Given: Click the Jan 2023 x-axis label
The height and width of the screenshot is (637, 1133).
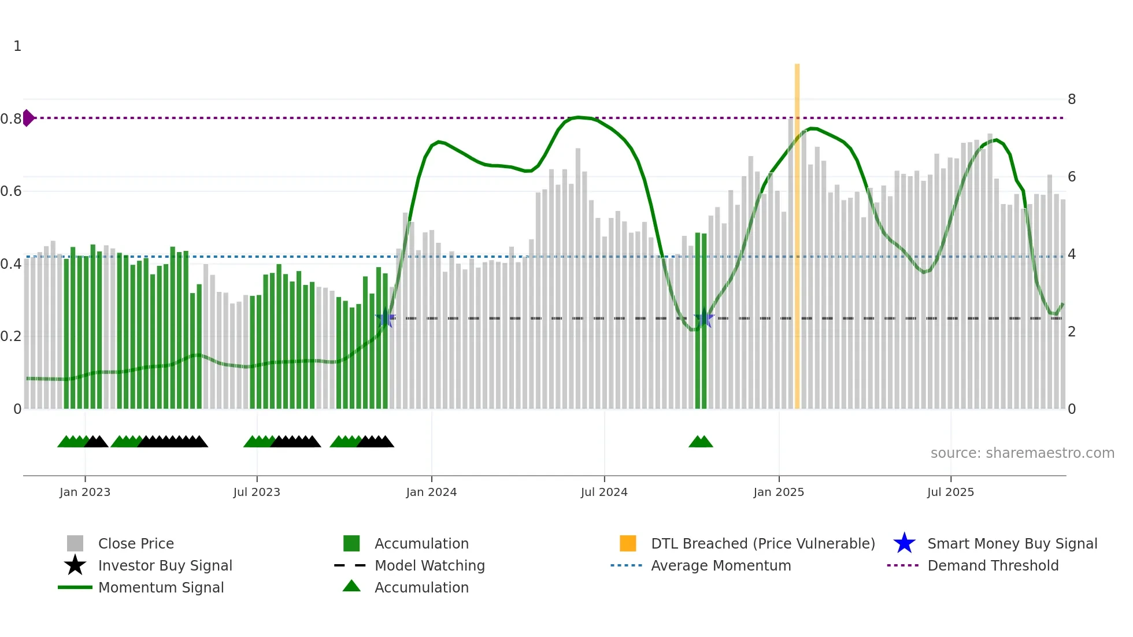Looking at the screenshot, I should point(85,492).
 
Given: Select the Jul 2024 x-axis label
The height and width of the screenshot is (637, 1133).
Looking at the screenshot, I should point(604,492).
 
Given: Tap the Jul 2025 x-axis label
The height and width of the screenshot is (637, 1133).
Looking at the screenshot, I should point(950,492).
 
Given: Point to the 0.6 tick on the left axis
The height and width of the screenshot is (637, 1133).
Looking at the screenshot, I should point(11,191).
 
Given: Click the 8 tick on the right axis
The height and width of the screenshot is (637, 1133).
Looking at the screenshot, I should point(1072,99).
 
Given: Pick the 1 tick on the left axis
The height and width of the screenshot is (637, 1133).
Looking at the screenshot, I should point(17,46).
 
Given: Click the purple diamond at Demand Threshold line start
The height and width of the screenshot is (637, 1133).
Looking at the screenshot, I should point(28,118).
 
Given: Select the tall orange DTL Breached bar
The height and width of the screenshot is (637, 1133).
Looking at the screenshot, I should point(797,231).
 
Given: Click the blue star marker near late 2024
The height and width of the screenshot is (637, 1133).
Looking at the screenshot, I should point(704,319).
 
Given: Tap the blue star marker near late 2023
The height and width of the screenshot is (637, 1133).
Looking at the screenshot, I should point(385,318).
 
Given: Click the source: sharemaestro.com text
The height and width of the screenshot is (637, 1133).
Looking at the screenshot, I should point(1022,453).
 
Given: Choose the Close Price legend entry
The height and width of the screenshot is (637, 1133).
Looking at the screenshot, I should point(136,543).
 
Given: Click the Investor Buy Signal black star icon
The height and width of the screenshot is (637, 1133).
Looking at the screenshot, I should point(75,565).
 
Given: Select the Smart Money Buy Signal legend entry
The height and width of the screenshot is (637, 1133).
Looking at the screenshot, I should point(1012,543).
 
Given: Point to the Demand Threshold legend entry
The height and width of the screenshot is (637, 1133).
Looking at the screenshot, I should point(993,565).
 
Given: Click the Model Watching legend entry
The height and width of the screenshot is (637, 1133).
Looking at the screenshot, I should point(429,565).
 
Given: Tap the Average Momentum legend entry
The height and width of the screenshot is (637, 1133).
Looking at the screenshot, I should point(721,565).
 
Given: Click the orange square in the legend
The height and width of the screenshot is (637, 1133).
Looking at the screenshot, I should point(628,543).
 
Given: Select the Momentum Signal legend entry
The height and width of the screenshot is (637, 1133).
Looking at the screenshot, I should point(161,587).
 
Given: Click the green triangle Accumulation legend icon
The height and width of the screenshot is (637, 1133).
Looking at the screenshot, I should point(351,586).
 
